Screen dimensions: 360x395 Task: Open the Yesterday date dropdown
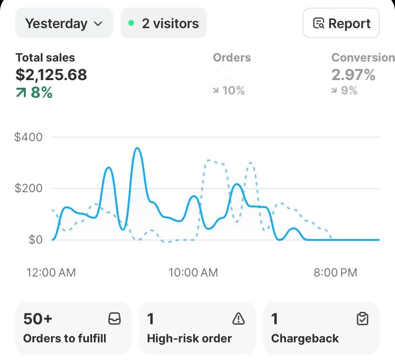(64, 23)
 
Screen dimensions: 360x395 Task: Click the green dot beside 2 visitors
(132, 23)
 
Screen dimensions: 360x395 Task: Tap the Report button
(341, 23)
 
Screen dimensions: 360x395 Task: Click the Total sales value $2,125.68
(52, 74)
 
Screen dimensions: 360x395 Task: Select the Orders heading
(232, 58)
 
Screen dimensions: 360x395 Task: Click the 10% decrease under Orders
(229, 91)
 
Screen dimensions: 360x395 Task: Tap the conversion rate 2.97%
(353, 74)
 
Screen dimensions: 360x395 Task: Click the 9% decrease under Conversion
(345, 91)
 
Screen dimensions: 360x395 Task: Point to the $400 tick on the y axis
(29, 137)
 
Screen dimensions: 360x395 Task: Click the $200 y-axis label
(29, 188)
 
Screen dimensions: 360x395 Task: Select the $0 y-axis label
(34, 239)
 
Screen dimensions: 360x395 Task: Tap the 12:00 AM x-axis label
(51, 273)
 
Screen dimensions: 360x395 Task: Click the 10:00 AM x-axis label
(193, 273)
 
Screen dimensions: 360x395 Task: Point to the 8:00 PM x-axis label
(335, 273)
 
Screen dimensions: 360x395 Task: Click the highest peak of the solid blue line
(137, 148)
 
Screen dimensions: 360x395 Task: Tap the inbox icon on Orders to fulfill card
(114, 319)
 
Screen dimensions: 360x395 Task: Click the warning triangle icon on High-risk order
(238, 319)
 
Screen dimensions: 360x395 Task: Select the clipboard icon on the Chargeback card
(363, 319)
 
